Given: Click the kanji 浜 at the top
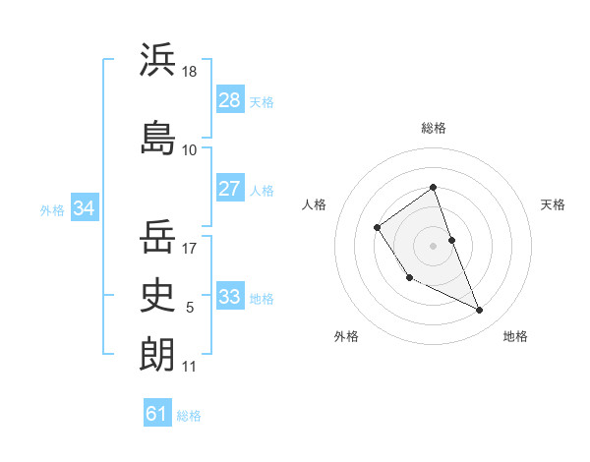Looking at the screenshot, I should tap(157, 61).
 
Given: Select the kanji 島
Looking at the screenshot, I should tap(157, 138).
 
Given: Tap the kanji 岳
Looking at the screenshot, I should tap(157, 236).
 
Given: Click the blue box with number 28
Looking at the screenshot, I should tap(230, 100).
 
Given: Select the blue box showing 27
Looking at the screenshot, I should tap(230, 189).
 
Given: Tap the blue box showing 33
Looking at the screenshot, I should tap(230, 297).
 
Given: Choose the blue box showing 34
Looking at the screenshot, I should tap(85, 208).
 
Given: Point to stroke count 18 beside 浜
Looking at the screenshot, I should tap(190, 72).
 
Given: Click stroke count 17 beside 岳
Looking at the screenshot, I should tap(190, 249).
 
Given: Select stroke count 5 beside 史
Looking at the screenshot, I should tap(190, 308).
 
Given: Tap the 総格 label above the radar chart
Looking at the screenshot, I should tap(434, 128).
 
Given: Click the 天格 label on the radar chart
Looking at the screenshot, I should tap(554, 204).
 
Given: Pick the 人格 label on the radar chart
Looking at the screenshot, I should tap(314, 204).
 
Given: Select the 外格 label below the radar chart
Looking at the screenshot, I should tap(346, 337).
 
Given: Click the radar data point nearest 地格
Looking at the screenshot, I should tap(480, 311).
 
